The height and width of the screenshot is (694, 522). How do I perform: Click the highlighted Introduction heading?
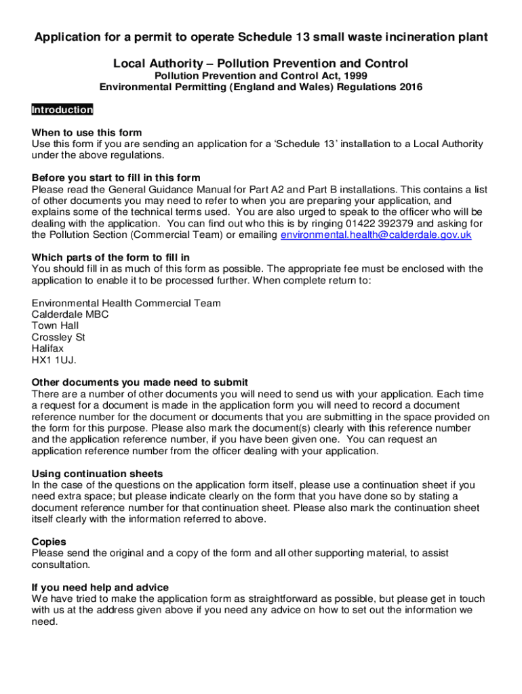(x=62, y=110)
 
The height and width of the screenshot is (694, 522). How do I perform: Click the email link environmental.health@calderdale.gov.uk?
(x=376, y=235)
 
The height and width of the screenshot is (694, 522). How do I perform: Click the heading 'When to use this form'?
(x=87, y=133)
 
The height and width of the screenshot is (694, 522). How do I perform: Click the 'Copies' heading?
(x=49, y=542)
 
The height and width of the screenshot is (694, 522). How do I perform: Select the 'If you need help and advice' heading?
(x=100, y=588)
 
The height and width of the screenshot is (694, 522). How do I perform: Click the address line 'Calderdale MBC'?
(x=70, y=314)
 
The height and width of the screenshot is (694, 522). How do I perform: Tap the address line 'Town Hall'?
(x=55, y=326)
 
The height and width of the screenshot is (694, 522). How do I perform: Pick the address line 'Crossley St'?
(x=58, y=338)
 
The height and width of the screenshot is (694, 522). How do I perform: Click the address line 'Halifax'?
(x=48, y=349)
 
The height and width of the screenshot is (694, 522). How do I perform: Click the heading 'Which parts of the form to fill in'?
(x=111, y=258)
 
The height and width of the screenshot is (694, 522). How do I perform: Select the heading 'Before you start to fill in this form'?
(x=116, y=178)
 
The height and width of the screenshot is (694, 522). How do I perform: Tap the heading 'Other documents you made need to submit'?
(x=140, y=382)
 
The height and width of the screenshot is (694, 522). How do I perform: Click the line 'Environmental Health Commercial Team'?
(x=126, y=303)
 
